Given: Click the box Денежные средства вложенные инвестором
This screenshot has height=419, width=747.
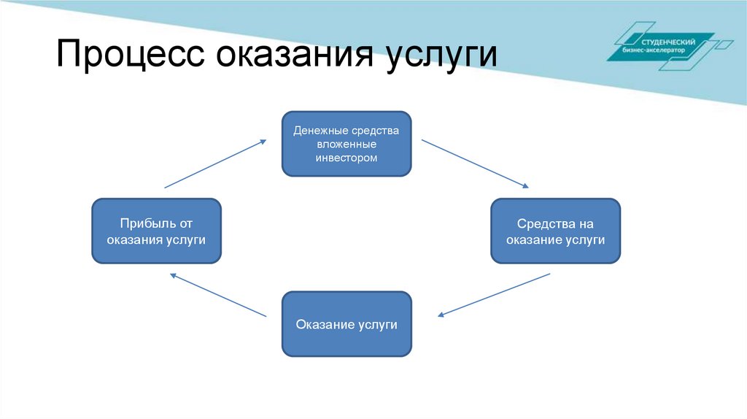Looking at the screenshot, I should click(x=347, y=144).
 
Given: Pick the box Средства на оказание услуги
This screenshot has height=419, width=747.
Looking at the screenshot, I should click(x=555, y=231).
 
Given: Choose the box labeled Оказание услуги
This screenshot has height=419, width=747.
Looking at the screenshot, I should click(x=347, y=324).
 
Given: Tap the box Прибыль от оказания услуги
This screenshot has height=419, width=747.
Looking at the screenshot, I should click(x=156, y=231).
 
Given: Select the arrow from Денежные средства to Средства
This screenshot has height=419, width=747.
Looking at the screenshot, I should click(x=475, y=164).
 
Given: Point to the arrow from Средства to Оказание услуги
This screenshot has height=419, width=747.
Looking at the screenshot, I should click(x=493, y=295).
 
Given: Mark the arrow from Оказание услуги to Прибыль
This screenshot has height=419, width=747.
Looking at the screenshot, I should click(x=218, y=295).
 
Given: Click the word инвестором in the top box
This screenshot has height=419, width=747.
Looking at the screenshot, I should click(x=347, y=158).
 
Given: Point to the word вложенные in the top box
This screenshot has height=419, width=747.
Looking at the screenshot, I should click(x=347, y=145).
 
